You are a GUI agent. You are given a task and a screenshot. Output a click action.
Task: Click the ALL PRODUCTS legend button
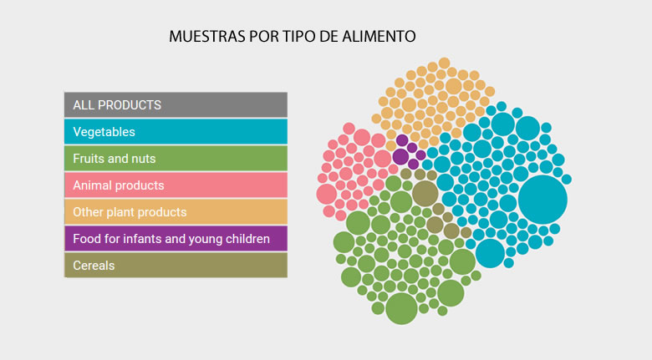pyautogui.click(x=176, y=105)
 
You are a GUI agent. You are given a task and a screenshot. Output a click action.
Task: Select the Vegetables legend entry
pyautogui.click(x=176, y=132)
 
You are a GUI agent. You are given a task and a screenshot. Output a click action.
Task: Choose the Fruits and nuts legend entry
pyautogui.click(x=176, y=159)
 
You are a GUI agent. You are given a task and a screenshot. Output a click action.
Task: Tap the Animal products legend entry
pyautogui.click(x=176, y=185)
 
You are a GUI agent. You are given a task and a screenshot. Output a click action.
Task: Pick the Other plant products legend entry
pyautogui.click(x=176, y=212)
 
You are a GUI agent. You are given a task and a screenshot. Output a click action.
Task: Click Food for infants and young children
pyautogui.click(x=176, y=239)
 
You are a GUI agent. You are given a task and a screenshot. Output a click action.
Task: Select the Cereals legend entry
pyautogui.click(x=176, y=266)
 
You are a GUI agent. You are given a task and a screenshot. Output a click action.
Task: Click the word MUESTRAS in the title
pyautogui.click(x=206, y=38)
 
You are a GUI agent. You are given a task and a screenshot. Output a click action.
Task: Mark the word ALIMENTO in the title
pyautogui.click(x=383, y=38)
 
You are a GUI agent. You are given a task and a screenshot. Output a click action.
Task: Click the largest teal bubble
pyautogui.click(x=542, y=200)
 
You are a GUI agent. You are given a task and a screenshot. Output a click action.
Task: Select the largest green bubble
pyautogui.click(x=401, y=307)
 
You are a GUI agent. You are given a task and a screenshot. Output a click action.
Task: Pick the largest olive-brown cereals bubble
pyautogui.click(x=425, y=193)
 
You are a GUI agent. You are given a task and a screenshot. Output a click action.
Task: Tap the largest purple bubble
pyautogui.click(x=401, y=155)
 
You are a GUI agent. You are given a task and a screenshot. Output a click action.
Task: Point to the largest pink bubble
pyautogui.click(x=327, y=194)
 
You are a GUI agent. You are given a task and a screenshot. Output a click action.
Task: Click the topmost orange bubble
pyautogui.click(x=444, y=63)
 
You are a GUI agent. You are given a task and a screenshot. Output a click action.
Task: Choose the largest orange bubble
pyautogui.click(x=453, y=85)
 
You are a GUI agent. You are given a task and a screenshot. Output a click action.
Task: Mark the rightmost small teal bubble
pyautogui.click(x=566, y=179)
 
